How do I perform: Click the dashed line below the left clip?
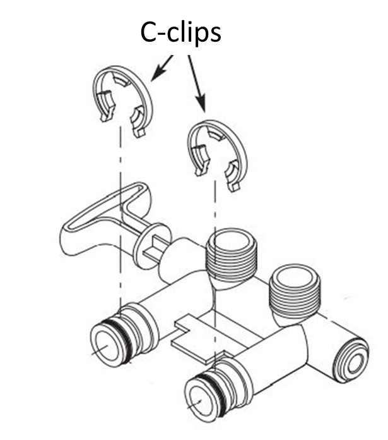click(x=120, y=209)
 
